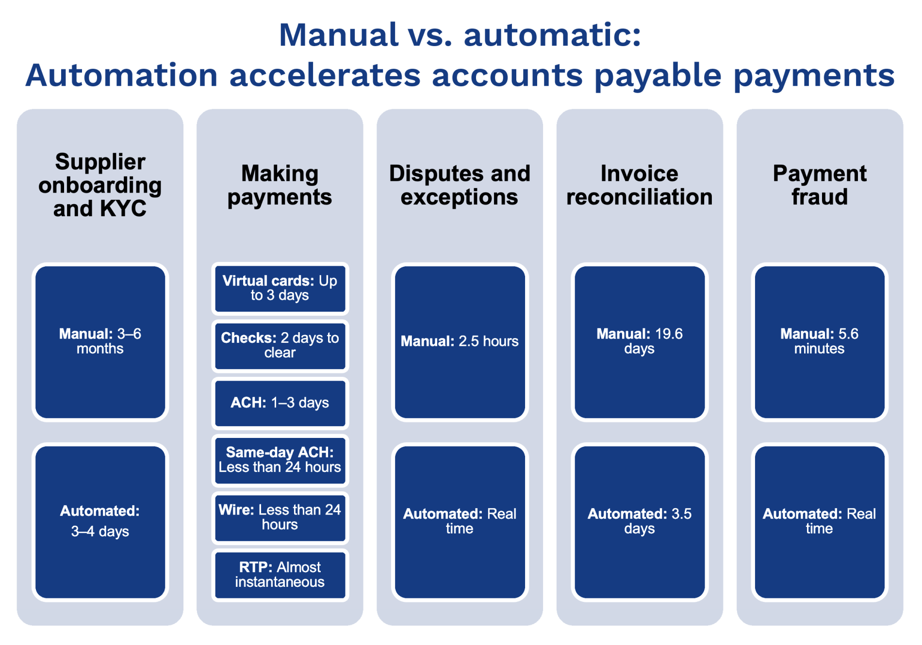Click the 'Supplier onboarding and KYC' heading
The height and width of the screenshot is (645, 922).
pos(100,185)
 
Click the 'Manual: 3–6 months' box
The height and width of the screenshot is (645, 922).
pos(100,342)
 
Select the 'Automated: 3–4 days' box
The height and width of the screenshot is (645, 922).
pos(100,522)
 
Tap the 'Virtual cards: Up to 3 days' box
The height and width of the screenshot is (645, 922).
pos(280,289)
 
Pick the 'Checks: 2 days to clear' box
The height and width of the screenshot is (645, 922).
pos(280,346)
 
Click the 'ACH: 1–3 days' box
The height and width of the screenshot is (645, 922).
pos(280,403)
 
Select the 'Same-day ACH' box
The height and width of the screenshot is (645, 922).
pos(280,460)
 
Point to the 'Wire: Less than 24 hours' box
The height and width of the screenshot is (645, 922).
pos(280,517)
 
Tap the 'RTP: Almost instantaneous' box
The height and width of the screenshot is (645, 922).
pos(280,575)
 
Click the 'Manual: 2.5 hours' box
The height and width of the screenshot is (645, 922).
pos(460,342)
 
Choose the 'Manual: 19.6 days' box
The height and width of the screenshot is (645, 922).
pos(640,342)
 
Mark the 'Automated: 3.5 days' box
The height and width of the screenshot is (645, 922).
pos(640,522)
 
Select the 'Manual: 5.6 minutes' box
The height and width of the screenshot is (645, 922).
pos(820,342)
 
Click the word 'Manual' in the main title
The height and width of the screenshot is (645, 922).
pos(339,35)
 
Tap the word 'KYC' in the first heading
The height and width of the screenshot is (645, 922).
pos(123,209)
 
